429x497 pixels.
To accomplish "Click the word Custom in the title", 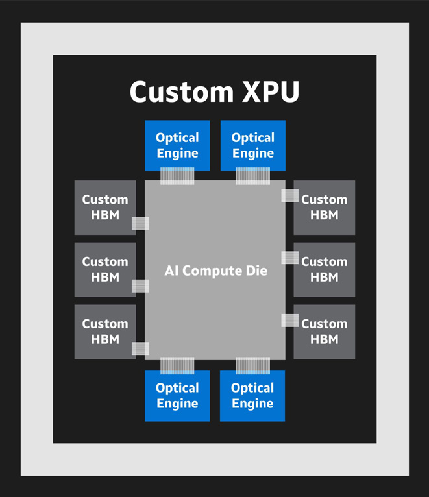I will [173, 91].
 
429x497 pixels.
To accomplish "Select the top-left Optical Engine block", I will [177, 145].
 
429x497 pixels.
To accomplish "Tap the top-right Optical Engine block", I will [253, 145].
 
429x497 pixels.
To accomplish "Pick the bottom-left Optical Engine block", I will [177, 395].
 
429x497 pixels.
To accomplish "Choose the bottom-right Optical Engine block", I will [252, 395].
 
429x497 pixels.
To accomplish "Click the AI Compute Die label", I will [215, 271].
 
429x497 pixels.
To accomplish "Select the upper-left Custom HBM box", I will [105, 207].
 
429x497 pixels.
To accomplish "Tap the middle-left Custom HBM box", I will [105, 269].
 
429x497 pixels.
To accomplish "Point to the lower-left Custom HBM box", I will [105, 332].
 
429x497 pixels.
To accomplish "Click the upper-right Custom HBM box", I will [324, 207].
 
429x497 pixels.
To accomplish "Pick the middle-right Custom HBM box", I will [324, 269].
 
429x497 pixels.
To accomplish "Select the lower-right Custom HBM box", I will [324, 332].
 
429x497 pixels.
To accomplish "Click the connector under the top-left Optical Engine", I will [177, 176].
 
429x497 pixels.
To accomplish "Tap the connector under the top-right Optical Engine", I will [253, 176].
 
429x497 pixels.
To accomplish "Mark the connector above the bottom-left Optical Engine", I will [177, 365].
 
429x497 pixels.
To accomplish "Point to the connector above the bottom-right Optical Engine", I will [253, 365].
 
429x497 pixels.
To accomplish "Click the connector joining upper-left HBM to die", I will [140, 224].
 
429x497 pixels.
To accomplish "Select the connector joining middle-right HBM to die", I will [289, 258].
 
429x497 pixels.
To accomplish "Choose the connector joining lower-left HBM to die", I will [140, 348].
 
